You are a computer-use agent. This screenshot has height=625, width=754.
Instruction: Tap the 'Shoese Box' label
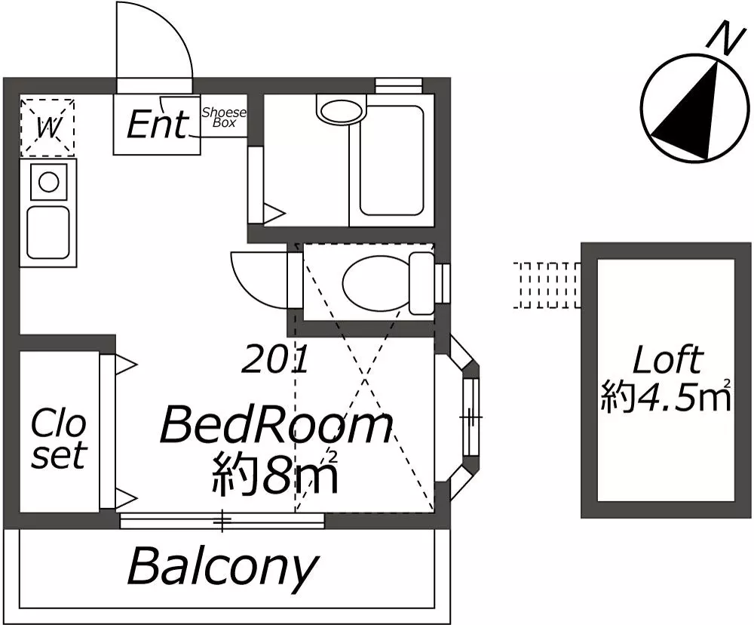(x=224, y=117)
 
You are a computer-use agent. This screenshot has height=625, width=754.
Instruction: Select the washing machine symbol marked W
(x=48, y=128)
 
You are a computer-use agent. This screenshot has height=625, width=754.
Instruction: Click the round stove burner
(x=48, y=183)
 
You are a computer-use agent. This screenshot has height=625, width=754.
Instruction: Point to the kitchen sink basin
(x=48, y=232)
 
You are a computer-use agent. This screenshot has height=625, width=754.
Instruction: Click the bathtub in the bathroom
(x=392, y=160)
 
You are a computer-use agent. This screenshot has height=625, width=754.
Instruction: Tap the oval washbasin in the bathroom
(x=342, y=110)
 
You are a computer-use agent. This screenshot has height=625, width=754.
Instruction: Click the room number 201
(x=274, y=360)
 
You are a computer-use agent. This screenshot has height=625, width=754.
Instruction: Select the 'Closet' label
(x=59, y=438)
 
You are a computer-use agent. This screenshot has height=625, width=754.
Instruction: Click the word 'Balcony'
(x=223, y=567)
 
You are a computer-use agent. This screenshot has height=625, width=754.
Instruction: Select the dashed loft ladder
(x=547, y=285)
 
